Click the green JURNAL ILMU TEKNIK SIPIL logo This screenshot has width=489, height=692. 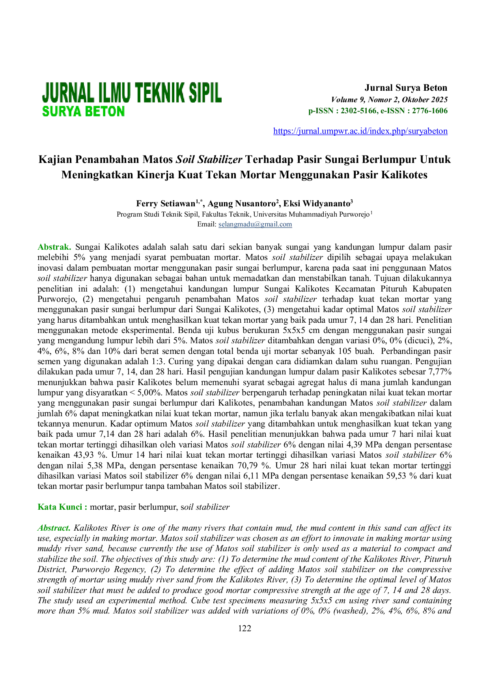(132, 93)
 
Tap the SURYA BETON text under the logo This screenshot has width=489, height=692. (83, 112)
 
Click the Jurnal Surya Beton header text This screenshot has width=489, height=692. (406, 88)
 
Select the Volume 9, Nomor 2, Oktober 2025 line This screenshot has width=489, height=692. (389, 99)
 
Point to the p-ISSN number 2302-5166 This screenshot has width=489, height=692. (358, 111)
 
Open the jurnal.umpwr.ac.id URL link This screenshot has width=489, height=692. (360, 131)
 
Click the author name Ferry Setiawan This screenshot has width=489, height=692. (166, 204)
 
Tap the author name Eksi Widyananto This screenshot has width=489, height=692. (317, 204)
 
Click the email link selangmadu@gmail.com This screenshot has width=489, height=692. (255, 224)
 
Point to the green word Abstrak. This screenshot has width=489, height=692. (54, 247)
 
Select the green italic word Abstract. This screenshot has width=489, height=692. (54, 528)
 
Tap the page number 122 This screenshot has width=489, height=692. (244, 628)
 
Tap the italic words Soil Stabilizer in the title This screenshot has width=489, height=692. (209, 159)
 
